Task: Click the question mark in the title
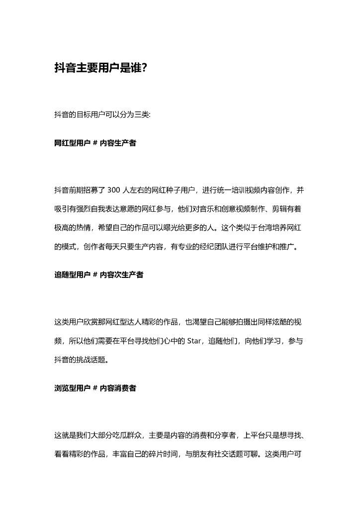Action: click(x=144, y=68)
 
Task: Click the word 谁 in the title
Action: click(x=134, y=68)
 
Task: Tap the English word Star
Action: click(x=193, y=340)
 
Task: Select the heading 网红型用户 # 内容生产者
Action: click(x=95, y=143)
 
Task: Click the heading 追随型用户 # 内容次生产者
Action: click(x=98, y=275)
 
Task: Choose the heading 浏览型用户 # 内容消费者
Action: click(x=95, y=388)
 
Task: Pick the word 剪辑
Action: click(x=276, y=209)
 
